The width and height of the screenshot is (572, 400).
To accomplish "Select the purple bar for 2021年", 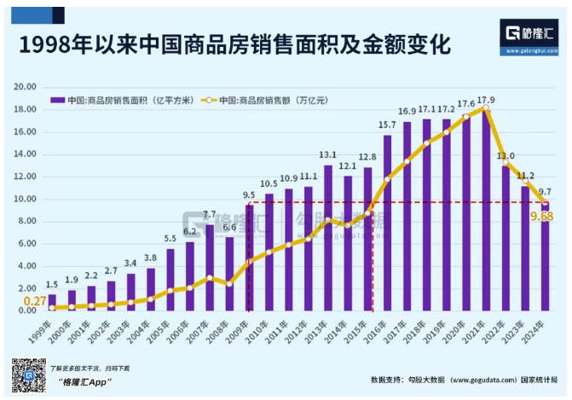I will click(485, 213).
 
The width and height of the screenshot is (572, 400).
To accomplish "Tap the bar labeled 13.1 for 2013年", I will click(328, 239).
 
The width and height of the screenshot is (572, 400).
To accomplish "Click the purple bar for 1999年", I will click(52, 301).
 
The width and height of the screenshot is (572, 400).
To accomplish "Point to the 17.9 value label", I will click(486, 100).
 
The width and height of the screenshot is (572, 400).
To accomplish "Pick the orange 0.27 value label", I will click(34, 300).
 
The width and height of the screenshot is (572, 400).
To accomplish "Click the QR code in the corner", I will click(27, 375).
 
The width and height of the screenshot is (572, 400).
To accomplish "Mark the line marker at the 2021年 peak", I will click(485, 109).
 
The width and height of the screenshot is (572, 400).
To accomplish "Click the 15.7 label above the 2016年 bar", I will click(388, 125).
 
